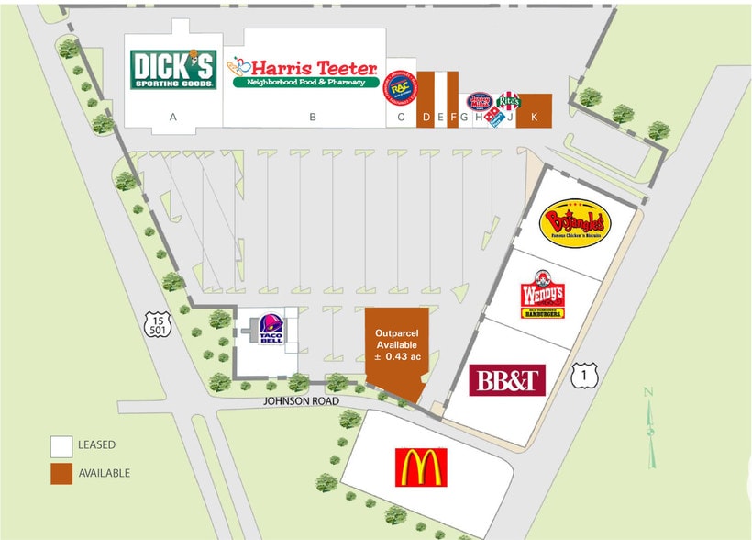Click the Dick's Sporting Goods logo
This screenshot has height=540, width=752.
[x=173, y=69]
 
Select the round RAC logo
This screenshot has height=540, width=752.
[x=401, y=87]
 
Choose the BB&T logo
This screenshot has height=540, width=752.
[x=507, y=380]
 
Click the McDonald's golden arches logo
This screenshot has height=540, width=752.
[x=421, y=467]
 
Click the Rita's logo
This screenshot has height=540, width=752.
[x=510, y=101]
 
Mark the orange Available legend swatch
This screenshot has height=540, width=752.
[x=61, y=473]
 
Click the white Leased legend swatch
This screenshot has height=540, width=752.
[x=61, y=445]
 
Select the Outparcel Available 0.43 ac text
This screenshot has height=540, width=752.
[x=397, y=343]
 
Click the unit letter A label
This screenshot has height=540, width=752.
[x=172, y=117]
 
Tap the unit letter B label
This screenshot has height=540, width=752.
[x=313, y=117]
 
